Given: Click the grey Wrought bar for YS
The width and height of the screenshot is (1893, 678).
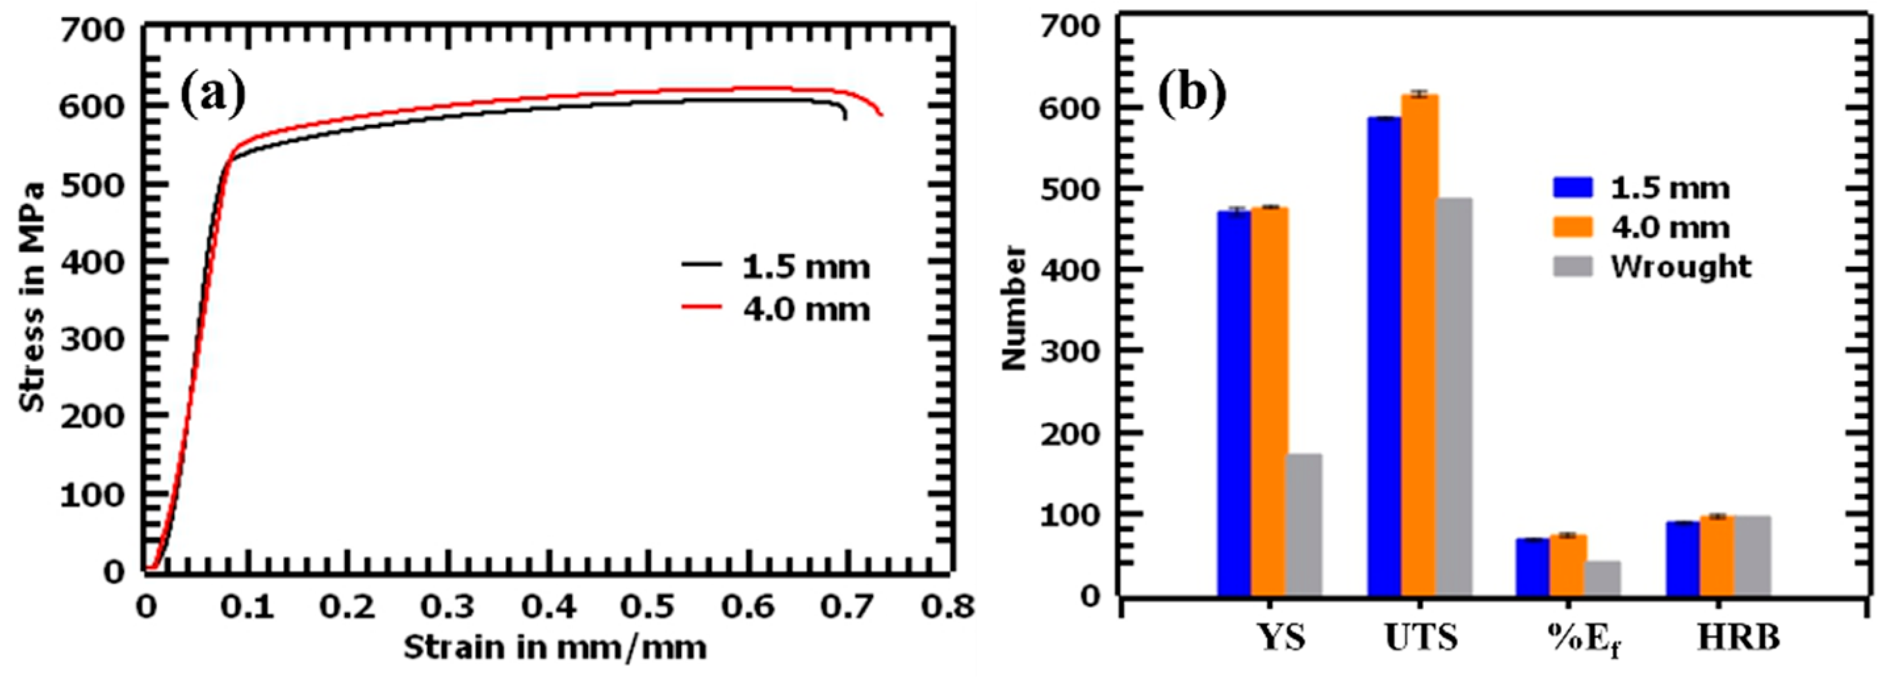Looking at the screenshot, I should point(1304,524).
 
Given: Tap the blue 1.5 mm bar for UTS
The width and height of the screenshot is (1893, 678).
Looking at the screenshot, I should point(1384,356).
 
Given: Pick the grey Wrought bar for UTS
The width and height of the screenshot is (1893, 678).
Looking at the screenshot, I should point(1454,397).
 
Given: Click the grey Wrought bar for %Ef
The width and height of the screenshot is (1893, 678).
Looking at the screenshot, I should point(1603,578).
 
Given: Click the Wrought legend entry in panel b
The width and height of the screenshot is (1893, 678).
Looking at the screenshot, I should point(1681,266).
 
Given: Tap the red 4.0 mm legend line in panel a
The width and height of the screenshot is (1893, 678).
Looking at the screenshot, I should point(702,307).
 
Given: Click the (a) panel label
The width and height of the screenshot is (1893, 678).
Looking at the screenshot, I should point(213,95).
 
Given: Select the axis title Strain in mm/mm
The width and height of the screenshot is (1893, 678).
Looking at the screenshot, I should point(555,648).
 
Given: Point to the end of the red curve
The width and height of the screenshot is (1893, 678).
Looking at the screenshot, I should point(880,114).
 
